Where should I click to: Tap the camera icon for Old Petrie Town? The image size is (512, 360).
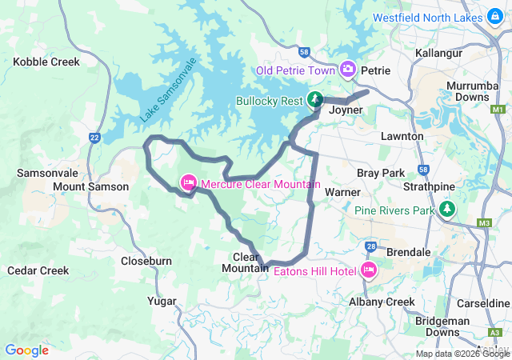348,70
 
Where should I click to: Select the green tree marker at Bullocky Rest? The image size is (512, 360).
316,101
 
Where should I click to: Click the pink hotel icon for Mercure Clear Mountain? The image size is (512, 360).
189,183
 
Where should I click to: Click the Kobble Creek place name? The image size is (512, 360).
46,61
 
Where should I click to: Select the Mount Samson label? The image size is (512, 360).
90,186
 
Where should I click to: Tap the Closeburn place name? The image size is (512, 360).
146,261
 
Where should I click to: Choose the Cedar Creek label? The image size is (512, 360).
38,270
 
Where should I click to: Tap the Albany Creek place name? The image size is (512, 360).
382,302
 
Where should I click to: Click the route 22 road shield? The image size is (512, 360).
94,138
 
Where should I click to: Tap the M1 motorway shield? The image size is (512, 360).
499,108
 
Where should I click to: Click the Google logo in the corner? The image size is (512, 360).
27,350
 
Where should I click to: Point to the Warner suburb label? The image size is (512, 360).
342,192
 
